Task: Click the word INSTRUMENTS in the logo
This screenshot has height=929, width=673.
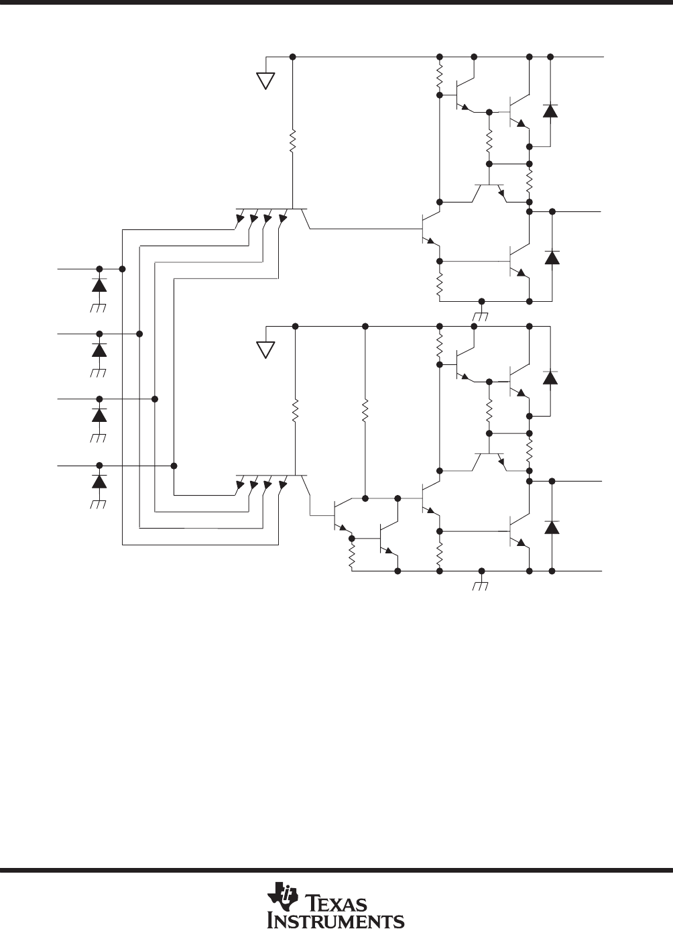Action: click(336, 919)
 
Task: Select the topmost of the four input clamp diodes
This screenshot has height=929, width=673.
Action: click(99, 285)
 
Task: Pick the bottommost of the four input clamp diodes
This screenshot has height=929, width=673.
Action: click(99, 482)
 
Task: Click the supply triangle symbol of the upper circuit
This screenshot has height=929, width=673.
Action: click(265, 81)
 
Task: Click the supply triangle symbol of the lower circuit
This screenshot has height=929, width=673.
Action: click(265, 350)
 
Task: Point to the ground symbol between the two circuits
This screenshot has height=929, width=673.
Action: click(481, 317)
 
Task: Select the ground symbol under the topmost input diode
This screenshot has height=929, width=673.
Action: click(99, 308)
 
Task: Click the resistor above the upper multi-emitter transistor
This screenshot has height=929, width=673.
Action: click(292, 141)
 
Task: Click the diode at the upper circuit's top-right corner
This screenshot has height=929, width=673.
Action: click(550, 111)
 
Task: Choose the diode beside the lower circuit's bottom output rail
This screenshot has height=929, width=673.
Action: click(552, 527)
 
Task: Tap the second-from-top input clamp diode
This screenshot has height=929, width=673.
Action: click(99, 350)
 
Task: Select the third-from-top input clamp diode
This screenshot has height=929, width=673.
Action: click(99, 415)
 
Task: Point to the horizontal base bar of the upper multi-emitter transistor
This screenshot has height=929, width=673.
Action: click(271, 209)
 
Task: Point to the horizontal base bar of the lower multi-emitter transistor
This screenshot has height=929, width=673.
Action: click(271, 476)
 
